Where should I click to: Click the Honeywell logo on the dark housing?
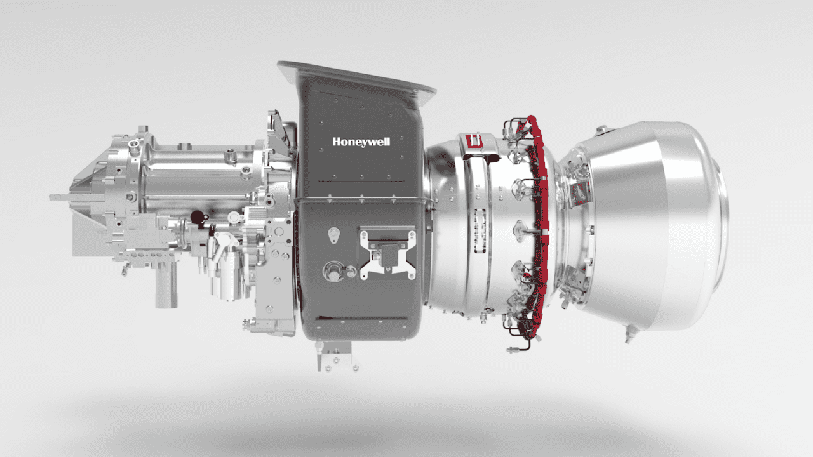tap(361, 142)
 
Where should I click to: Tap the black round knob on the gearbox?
tap(198, 217)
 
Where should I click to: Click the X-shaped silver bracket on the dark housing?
tap(387, 253)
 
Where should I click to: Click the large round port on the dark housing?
tap(331, 271)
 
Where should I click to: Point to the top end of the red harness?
tap(530, 119)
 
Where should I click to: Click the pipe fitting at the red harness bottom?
tap(513, 349)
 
